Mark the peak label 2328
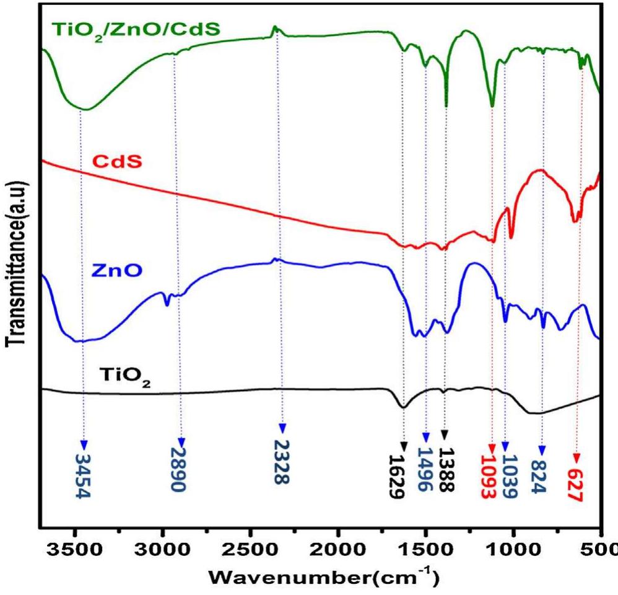(282, 462)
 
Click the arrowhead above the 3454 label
(84, 445)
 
